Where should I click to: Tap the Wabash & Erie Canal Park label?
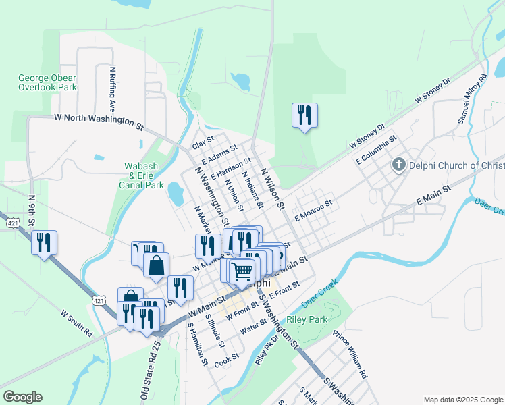tap(144, 175)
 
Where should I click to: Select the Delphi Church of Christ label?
tap(455, 165)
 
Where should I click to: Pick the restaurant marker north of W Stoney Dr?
tap(304, 115)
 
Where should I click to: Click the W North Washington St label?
tap(99, 122)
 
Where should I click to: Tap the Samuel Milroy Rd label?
tap(472, 99)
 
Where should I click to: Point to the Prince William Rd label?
tap(350, 354)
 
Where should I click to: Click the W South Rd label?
tap(76, 323)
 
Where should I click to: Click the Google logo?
tap(22, 397)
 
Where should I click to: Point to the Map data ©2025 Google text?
tap(462, 399)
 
